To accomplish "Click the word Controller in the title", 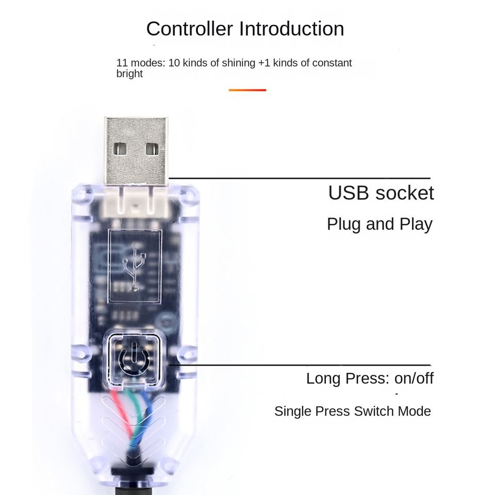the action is click(190, 29).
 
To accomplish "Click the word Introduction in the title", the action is click(291, 29).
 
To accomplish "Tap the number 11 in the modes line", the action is click(122, 63).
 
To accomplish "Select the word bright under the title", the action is click(129, 74).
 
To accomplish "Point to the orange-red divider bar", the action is click(247, 90).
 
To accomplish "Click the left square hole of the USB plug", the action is click(120, 148).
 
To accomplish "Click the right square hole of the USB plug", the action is click(152, 148).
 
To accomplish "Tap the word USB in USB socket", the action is click(348, 193).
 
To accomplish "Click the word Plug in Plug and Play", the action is click(343, 224).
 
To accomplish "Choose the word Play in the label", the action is click(416, 224).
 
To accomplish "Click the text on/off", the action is click(414, 378).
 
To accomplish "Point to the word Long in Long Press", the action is click(323, 378).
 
